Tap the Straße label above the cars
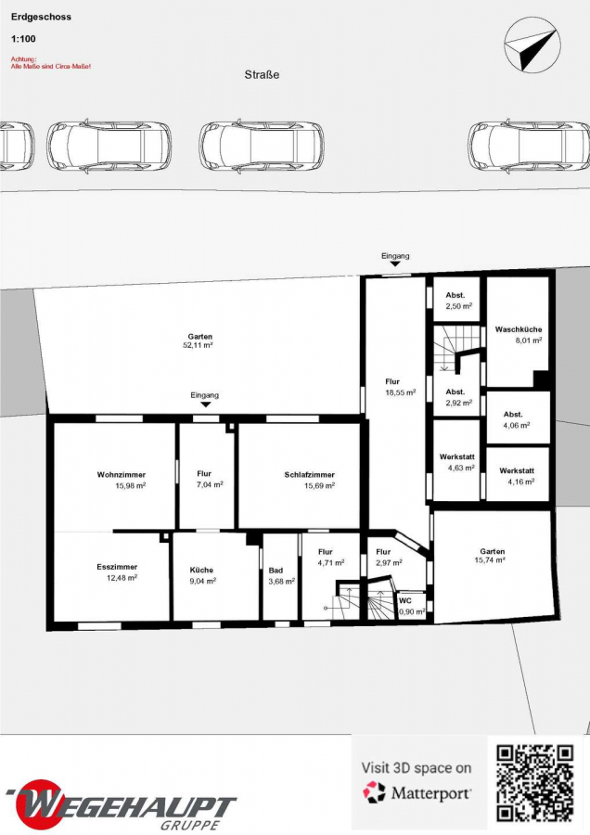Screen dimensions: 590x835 coord(262,75)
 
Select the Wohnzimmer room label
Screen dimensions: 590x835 coord(122,474)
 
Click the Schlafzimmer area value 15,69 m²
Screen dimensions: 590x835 coord(319,485)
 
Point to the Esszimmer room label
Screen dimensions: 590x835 coord(117,567)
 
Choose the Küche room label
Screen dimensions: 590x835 coord(202,570)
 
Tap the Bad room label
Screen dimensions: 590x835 coord(276,571)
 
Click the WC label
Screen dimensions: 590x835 coord(405,600)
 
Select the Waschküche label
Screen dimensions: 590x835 coord(519,329)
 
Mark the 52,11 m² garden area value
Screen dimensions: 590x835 coord(199,345)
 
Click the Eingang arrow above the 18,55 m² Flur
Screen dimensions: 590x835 coord(395,263)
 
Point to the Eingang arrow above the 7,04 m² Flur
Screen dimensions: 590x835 coord(206,405)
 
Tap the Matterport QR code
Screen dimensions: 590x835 coord(535,783)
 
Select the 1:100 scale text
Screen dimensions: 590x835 coord(23,39)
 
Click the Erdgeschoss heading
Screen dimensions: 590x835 coord(41,17)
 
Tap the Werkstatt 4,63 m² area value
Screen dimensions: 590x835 coord(461,469)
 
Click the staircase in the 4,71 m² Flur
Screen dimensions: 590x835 coord(346,600)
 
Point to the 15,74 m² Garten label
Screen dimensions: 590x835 coord(492,556)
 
